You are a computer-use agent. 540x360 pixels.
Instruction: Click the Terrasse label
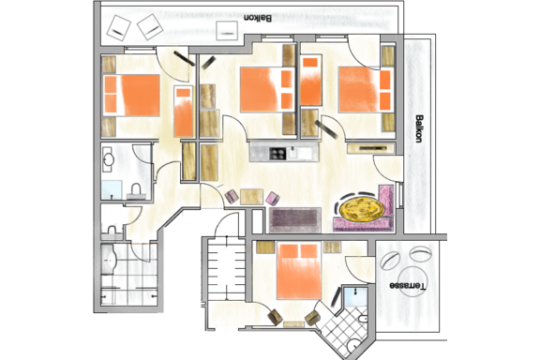[408, 286]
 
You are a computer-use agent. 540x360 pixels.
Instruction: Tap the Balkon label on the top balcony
[258, 18]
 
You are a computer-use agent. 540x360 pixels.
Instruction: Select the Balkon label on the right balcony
[419, 128]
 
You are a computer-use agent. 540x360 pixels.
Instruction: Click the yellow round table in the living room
[362, 208]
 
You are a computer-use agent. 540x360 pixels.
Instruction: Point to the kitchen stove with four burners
[277, 154]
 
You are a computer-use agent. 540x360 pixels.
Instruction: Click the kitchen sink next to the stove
[293, 154]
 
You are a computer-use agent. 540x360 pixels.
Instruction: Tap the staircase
[226, 268]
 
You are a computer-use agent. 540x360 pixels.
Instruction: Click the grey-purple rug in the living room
[294, 220]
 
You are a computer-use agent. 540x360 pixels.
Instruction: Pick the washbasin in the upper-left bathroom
[109, 159]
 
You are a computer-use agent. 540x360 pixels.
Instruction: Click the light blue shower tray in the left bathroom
[112, 189]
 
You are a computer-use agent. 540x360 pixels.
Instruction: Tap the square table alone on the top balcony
[227, 31]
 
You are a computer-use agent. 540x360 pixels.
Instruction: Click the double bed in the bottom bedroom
[298, 271]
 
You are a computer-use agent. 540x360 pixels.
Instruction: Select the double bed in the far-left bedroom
[132, 95]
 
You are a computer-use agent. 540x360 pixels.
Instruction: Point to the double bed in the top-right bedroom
[366, 90]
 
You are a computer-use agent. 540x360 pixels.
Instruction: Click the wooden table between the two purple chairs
[252, 197]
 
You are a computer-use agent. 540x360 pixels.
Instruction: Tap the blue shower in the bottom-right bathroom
[355, 297]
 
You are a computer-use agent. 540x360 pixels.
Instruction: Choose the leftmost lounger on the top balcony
[118, 28]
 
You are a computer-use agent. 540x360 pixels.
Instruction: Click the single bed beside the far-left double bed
[184, 112]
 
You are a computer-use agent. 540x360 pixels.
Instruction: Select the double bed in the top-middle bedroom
[267, 90]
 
